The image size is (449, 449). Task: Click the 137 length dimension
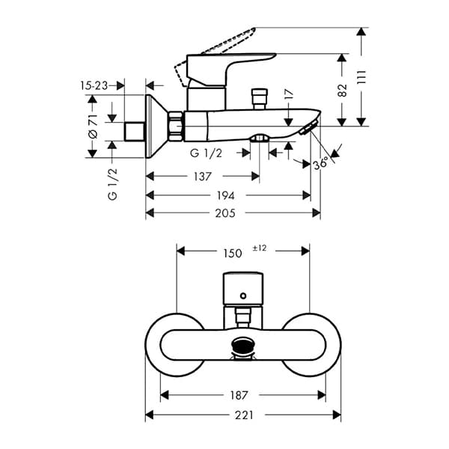coord(202,177)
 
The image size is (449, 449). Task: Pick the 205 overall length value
coord(225,213)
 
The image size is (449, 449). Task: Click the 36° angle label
coord(320,162)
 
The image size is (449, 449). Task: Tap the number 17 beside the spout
coord(289,95)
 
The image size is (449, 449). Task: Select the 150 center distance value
coord(233,253)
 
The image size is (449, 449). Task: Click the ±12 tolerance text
coord(260,248)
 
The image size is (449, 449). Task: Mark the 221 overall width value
coord(240,414)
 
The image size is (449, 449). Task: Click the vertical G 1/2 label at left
coord(113,184)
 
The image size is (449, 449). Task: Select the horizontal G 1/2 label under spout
coord(206,153)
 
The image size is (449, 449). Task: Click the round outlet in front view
coord(242,346)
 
